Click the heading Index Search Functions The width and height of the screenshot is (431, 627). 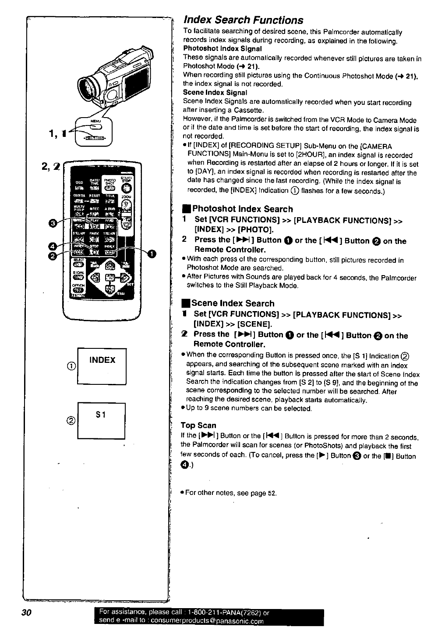[243, 20]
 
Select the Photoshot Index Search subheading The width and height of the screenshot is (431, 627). [242, 209]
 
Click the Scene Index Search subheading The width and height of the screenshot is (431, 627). [233, 303]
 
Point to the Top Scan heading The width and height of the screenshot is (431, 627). [198, 425]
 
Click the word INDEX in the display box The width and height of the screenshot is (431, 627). [102, 360]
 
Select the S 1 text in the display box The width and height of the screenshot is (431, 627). [102, 415]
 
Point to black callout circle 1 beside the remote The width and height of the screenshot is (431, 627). [152, 253]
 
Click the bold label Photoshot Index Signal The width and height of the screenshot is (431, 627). [222, 49]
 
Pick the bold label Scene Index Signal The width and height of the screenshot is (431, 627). [215, 93]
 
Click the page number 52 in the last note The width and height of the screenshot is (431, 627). [272, 493]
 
